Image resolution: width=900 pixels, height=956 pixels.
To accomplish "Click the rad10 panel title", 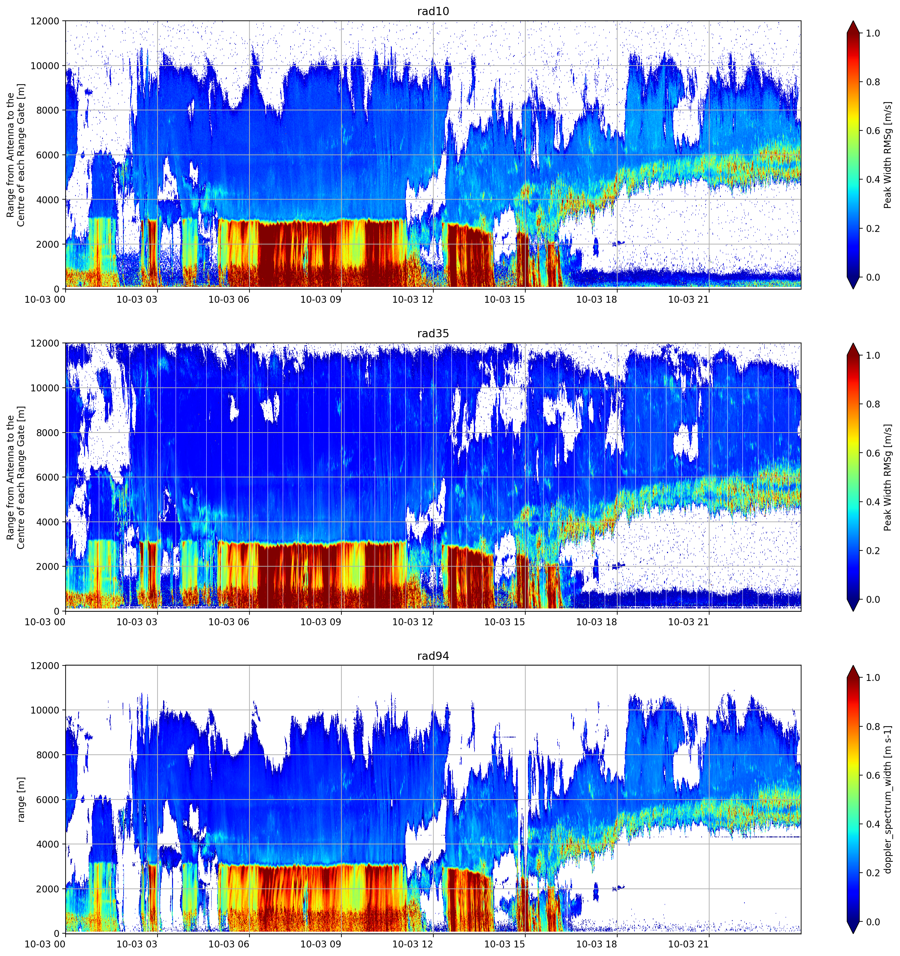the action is coord(433,11).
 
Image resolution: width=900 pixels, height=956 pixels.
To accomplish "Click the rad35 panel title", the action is coord(433,333).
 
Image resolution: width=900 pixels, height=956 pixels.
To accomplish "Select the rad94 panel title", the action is coord(433,656).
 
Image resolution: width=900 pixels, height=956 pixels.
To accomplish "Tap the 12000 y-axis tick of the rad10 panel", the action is coord(45,21).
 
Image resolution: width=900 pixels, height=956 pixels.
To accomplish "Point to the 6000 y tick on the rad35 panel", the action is coord(48,477).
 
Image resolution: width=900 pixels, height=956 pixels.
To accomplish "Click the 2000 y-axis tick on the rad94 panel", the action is coord(48,889).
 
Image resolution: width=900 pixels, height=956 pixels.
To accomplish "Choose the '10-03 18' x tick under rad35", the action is coord(596,622).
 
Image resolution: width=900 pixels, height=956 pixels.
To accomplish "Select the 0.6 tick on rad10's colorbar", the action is coord(873,131).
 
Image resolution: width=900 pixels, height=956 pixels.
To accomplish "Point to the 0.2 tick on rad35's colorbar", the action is coord(873,550).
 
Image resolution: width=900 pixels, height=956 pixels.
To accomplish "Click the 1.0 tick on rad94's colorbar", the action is coord(873,678).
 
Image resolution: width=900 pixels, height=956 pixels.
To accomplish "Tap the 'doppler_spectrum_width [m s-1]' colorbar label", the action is coord(888,799).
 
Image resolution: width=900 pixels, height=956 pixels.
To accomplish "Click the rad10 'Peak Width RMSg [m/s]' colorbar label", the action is coord(888,155).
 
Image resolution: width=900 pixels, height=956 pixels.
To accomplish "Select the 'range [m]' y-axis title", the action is coord(21,799).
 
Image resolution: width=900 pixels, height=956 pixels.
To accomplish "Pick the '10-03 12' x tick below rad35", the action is coord(413,622).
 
